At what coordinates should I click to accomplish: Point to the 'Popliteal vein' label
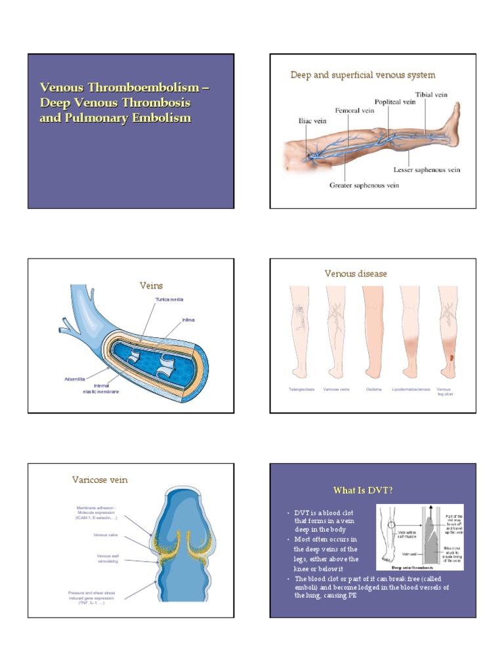(395, 102)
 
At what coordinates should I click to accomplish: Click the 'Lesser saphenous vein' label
(427, 170)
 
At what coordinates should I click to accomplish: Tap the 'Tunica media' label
(169, 299)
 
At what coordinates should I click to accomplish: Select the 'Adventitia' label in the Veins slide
(77, 378)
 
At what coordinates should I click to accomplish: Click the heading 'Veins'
(151, 285)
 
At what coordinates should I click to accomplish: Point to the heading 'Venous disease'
(356, 274)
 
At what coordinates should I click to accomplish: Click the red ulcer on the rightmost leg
(451, 357)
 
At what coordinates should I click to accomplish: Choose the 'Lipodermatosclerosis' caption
(411, 390)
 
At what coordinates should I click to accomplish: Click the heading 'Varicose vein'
(100, 480)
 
